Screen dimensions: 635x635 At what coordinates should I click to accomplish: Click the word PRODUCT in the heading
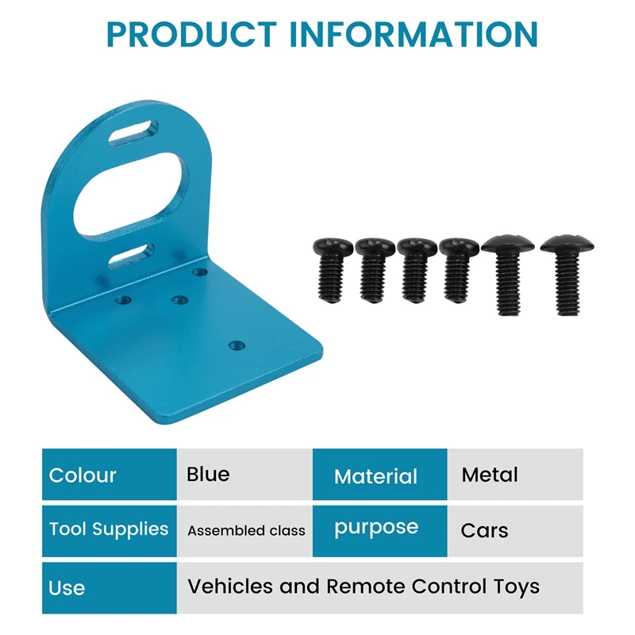[x=191, y=34]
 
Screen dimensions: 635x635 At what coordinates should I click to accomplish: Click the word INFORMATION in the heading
[x=414, y=34]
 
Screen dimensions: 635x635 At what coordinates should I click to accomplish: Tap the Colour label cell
[x=110, y=474]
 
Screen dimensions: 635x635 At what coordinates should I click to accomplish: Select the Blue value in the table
[x=208, y=474]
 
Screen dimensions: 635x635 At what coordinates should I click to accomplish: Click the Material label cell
[x=380, y=474]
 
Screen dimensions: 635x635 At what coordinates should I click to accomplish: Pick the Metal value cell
[x=515, y=474]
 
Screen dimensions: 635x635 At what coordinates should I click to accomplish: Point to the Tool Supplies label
[x=109, y=529]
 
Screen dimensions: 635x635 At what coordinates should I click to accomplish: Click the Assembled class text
[x=246, y=530]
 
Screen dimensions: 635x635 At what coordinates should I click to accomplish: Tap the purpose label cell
[x=380, y=531]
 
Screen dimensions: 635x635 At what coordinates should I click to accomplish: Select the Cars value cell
[x=515, y=531]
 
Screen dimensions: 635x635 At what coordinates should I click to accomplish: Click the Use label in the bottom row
[x=67, y=588]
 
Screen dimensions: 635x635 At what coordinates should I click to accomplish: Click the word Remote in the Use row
[x=366, y=586]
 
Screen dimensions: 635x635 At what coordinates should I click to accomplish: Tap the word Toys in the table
[x=517, y=587]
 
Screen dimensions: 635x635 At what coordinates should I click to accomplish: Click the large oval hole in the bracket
[x=131, y=194]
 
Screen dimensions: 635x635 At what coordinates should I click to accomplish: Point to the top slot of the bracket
[x=133, y=133]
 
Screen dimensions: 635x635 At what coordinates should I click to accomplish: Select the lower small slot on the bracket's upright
[x=131, y=256]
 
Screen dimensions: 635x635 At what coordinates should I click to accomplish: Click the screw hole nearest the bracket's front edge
[x=237, y=345]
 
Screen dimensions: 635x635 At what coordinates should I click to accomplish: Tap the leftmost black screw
[x=333, y=270]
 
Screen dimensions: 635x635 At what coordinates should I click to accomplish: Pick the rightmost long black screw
[x=567, y=275]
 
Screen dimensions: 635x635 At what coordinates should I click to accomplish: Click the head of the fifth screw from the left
[x=508, y=244]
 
